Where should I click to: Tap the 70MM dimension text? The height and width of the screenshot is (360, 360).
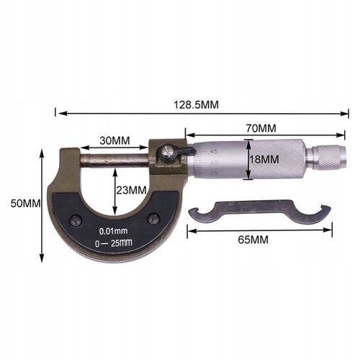point(261,127)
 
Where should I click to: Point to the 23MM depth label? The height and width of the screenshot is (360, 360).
point(132,189)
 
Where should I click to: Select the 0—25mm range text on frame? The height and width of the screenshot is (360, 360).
point(114,243)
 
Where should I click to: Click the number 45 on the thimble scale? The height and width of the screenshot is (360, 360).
point(213,153)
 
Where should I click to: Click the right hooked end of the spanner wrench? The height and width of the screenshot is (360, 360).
point(323,213)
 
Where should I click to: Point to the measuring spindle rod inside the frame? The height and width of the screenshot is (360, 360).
point(115,158)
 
